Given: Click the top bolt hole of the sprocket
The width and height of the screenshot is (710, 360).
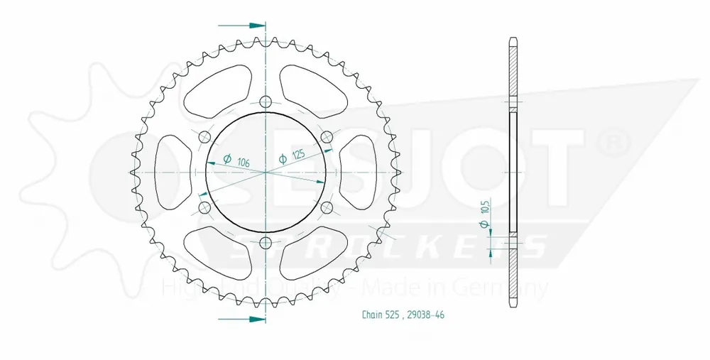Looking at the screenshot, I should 266,101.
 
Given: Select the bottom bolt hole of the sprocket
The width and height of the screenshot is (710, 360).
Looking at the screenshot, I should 266,244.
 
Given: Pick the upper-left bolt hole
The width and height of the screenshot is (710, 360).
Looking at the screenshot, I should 205,136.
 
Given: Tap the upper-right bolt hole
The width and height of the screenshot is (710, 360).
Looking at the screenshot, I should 327,136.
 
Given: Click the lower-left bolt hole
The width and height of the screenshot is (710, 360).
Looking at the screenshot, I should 205,207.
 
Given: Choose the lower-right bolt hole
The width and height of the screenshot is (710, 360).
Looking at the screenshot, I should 327,207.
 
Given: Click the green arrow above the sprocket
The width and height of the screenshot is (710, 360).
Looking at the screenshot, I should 241,25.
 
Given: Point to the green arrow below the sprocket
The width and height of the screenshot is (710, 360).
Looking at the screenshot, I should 241,319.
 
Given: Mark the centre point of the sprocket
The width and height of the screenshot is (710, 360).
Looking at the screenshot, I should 266,172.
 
